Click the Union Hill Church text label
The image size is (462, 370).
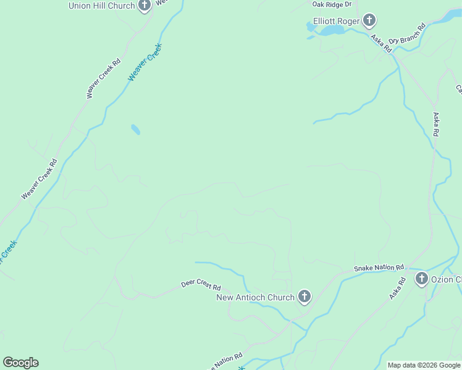101,6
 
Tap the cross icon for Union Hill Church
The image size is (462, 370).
144,6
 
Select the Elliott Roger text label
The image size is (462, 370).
336,21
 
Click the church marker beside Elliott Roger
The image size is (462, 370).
369,21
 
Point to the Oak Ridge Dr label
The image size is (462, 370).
332,4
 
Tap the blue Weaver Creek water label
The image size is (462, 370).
145,62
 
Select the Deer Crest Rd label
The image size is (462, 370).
201,286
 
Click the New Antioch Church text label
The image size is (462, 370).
255,297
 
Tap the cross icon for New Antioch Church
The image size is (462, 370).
304,297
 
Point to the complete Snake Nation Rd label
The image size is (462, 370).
379,268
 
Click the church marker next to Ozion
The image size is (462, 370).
422,279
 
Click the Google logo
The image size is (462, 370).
20,363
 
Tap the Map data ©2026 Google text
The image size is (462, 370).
424,365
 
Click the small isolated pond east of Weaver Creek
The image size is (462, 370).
135,129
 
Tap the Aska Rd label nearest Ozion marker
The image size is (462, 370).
397,289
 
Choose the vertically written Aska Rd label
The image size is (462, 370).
436,124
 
